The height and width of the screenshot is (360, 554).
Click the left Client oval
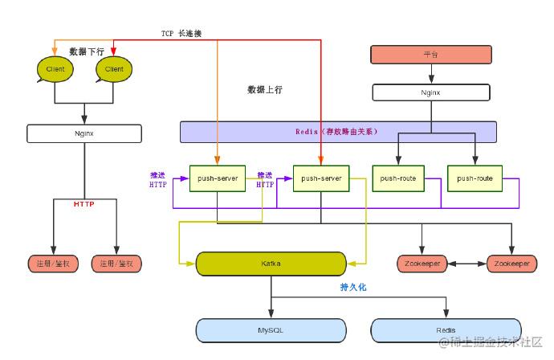click(x=55, y=70)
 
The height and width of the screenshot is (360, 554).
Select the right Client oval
click(x=114, y=70)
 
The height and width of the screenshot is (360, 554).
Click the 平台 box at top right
click(x=430, y=55)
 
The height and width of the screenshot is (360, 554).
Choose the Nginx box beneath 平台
click(x=430, y=92)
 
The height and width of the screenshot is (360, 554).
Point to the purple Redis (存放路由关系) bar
click(x=337, y=132)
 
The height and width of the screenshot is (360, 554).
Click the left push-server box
click(x=217, y=178)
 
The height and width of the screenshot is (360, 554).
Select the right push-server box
click(x=320, y=178)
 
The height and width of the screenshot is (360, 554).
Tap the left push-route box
click(x=398, y=178)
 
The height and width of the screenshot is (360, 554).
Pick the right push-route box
click(x=474, y=178)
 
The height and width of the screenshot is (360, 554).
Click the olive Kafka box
click(x=271, y=263)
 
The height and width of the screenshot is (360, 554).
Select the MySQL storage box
click(x=271, y=329)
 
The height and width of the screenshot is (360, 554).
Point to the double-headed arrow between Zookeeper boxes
click(x=466, y=264)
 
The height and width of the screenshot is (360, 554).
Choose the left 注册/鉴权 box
click(x=53, y=264)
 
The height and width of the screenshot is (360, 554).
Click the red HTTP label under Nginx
click(x=84, y=204)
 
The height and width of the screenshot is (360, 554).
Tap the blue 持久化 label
click(x=353, y=287)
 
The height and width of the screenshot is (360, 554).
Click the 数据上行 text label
click(x=265, y=90)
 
